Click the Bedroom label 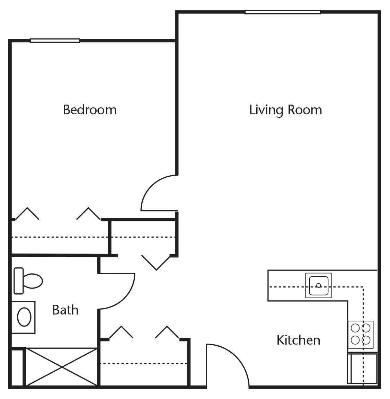click(x=90, y=110)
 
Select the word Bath click(x=65, y=310)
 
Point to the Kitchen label click(x=299, y=340)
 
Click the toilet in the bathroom click(x=28, y=281)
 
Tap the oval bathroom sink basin click(x=24, y=317)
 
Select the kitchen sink click(x=319, y=285)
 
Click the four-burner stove click(x=361, y=335)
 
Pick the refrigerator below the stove click(x=362, y=368)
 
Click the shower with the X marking click(x=62, y=367)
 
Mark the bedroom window click(x=55, y=41)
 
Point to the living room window click(x=283, y=12)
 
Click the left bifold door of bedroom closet click(x=27, y=213)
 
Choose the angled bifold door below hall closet click(x=156, y=262)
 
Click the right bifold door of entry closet click(x=167, y=332)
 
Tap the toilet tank click(x=19, y=281)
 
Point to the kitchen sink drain click(x=319, y=285)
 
